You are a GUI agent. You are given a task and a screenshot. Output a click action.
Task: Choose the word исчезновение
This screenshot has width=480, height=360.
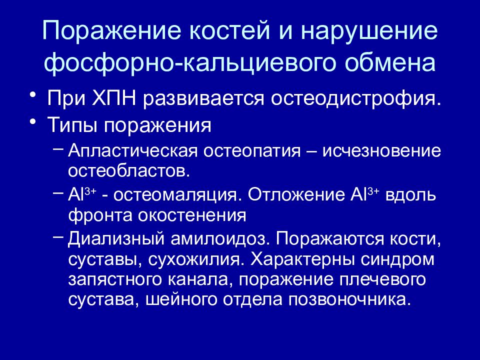[384, 150]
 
